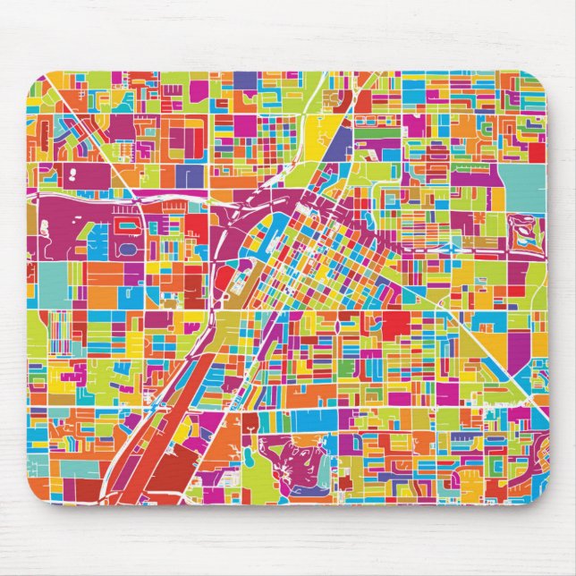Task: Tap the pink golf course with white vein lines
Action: tap(295, 461)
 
